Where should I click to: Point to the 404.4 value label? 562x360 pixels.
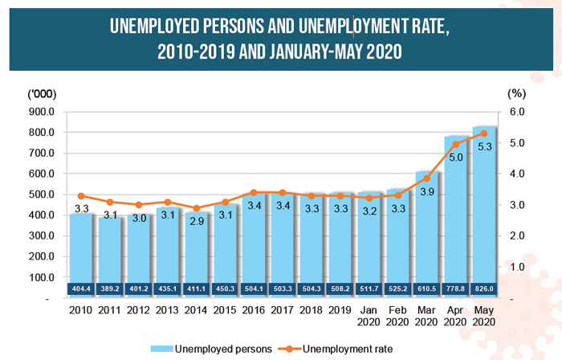[x=80, y=287]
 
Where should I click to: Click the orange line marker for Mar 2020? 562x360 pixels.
[x=427, y=178]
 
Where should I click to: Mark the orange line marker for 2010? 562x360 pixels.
[x=80, y=196]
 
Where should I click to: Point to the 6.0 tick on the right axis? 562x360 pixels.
[x=519, y=112]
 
